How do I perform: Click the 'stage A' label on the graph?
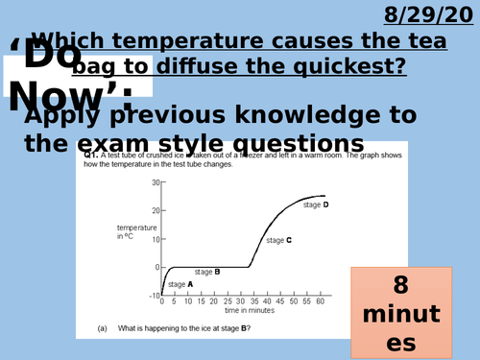(180, 284)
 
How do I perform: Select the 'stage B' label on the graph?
(208, 272)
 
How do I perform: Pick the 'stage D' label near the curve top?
(316, 204)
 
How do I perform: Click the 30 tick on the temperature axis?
(154, 181)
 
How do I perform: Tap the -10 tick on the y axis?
(153, 295)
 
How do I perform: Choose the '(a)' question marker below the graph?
(103, 328)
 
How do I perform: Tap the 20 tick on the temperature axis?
(154, 210)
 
